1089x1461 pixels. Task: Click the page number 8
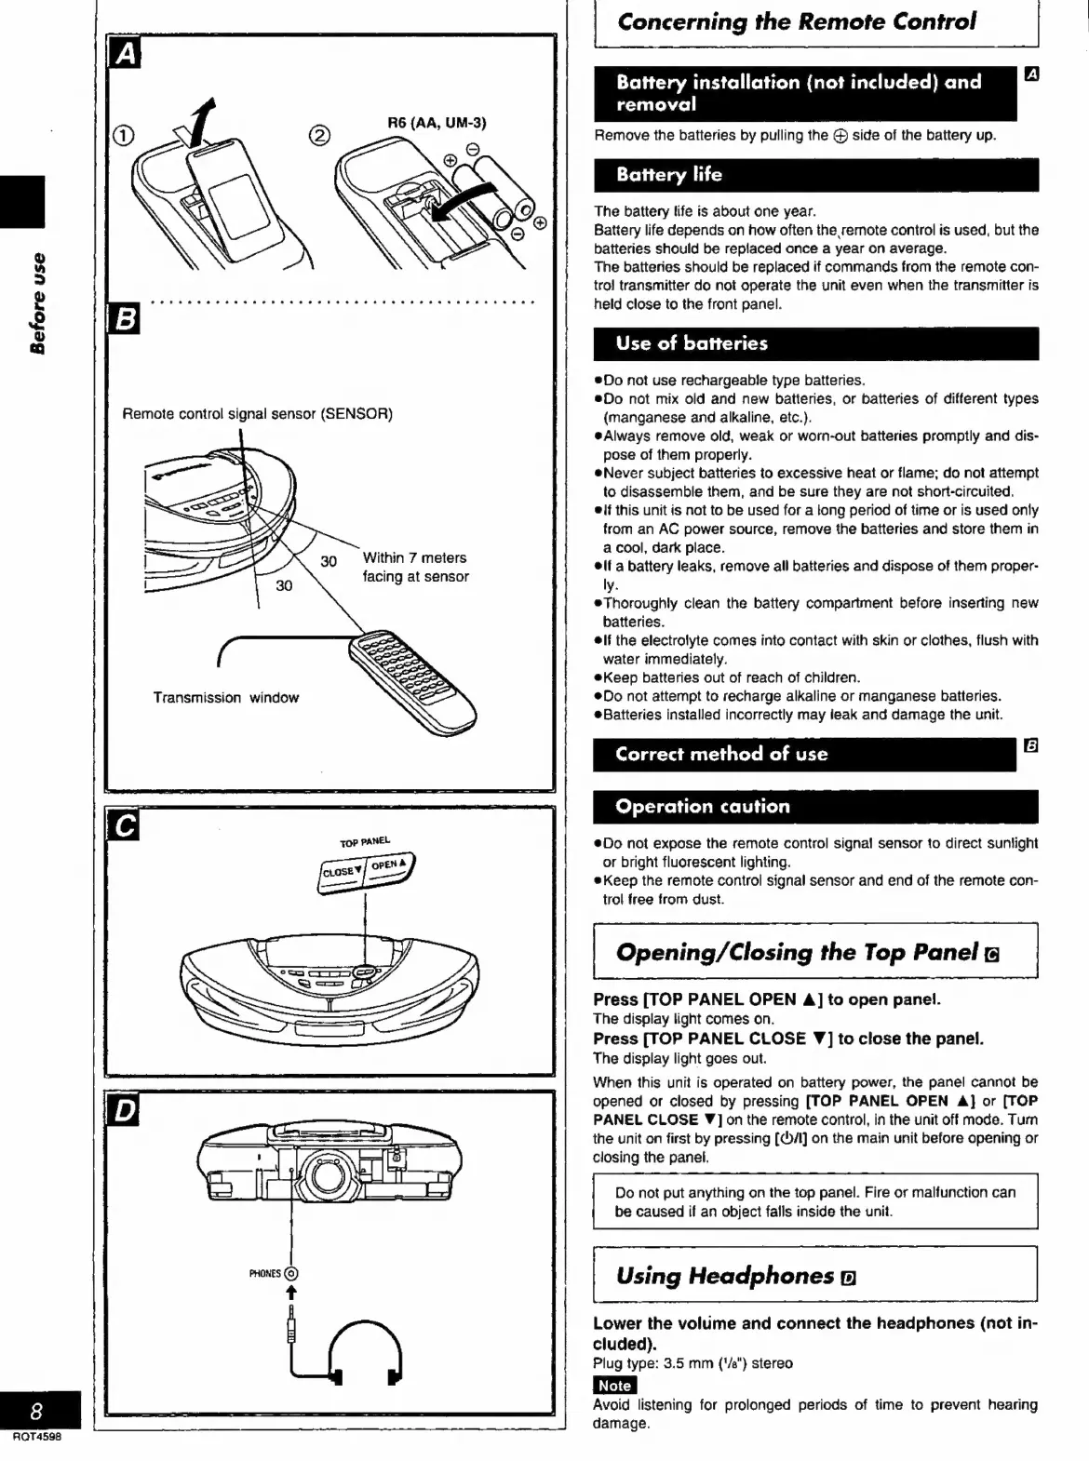tap(35, 1411)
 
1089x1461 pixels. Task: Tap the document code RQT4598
tap(37, 1437)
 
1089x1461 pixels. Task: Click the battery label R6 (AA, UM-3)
tap(437, 123)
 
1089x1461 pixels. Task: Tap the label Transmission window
tap(226, 698)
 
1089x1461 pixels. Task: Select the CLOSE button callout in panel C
tap(340, 872)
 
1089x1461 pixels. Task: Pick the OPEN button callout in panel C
tap(388, 865)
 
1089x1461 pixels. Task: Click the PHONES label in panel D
tap(265, 1273)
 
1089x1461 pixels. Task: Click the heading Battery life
tap(668, 175)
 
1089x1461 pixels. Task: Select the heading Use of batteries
tap(692, 343)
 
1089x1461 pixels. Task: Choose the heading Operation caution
tap(702, 807)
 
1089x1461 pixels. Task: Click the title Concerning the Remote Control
tap(797, 21)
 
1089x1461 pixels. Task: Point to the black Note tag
tap(614, 1386)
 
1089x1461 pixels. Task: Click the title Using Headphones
tap(725, 1276)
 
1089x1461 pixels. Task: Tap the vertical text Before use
tap(37, 302)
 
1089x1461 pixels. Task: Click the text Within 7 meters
tap(414, 558)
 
